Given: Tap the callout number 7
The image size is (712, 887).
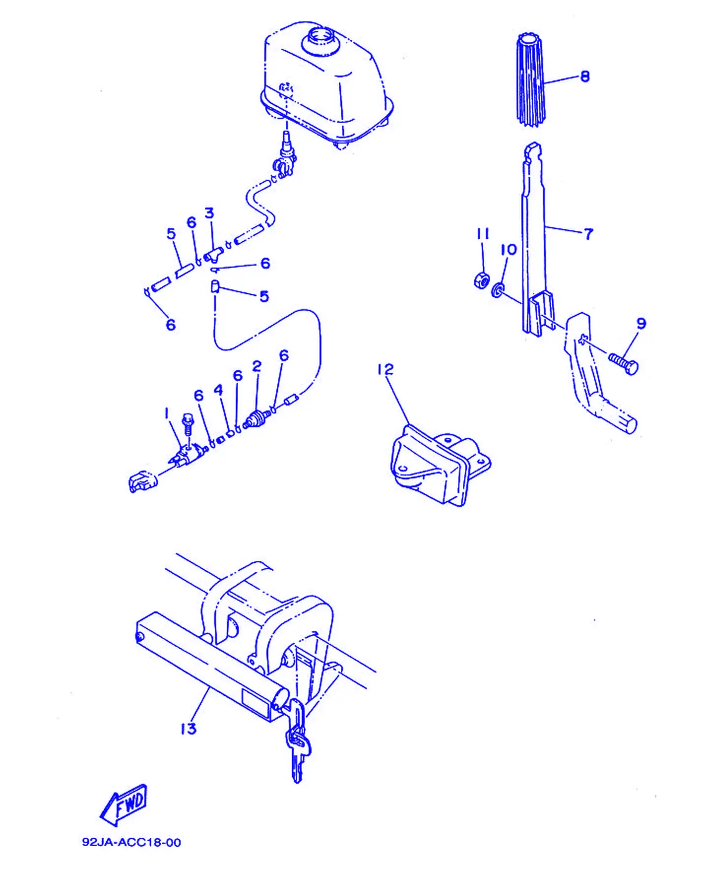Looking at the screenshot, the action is (x=588, y=234).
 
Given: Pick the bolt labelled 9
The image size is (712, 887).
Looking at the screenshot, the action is (x=623, y=363).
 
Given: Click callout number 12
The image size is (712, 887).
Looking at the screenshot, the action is (x=385, y=369).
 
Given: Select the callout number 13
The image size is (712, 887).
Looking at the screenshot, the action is (x=188, y=728).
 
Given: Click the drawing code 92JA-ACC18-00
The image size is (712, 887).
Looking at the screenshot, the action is (x=131, y=842).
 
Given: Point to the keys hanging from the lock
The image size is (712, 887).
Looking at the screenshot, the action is (x=297, y=741).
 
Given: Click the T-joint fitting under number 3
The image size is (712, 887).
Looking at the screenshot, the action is (x=213, y=254).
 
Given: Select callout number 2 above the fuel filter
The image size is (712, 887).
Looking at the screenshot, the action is (x=257, y=366).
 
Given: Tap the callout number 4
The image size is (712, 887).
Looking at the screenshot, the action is (x=218, y=390).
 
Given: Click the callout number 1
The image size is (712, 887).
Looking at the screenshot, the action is (x=166, y=414).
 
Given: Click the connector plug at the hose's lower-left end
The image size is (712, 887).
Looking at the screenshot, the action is (x=142, y=481).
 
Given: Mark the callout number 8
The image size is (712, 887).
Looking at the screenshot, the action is (x=585, y=76).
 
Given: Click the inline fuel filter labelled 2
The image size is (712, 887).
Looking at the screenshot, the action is (x=256, y=419).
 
